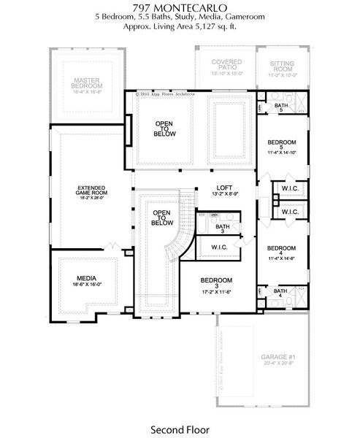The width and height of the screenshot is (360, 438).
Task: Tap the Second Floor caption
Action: pos(180,430)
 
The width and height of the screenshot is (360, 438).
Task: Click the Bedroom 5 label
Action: pos(281,145)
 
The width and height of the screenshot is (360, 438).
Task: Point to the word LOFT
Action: pos(225,187)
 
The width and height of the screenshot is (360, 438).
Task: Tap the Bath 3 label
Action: pos(223,229)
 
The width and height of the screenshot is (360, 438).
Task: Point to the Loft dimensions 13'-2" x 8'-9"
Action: pos(225,194)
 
